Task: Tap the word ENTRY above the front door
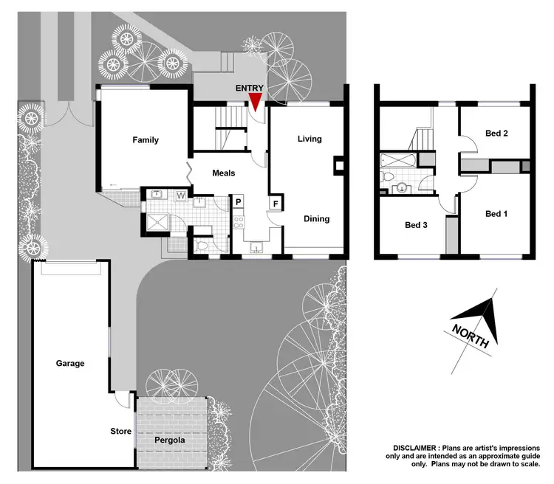249,88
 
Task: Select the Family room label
146,140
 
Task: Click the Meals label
224,173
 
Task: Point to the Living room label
310,139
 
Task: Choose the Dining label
316,219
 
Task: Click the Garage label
70,363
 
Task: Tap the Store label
120,432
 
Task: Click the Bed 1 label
496,214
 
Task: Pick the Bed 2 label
496,134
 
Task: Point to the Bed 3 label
416,226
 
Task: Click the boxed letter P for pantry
239,201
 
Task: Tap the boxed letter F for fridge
276,203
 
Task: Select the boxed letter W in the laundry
181,196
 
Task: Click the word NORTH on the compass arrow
470,336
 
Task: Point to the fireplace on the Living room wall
339,166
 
